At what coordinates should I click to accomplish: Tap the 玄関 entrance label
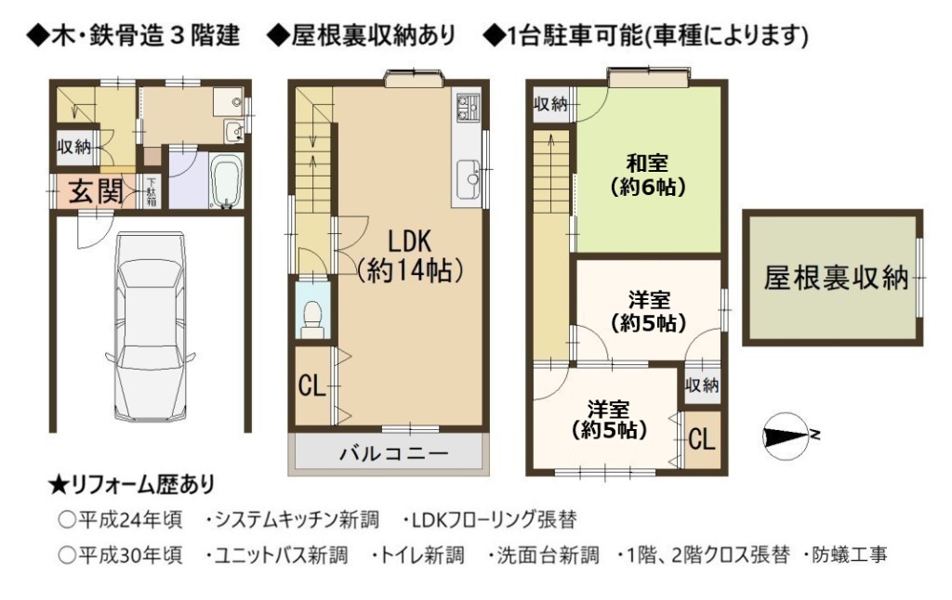[96, 191]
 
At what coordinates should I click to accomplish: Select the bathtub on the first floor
[227, 180]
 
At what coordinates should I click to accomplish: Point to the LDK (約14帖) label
[410, 255]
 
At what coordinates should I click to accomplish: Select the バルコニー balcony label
[393, 453]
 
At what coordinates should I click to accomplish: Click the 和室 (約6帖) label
[648, 175]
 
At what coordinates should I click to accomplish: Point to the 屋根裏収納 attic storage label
[836, 278]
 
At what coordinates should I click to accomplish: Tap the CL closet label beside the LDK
[312, 385]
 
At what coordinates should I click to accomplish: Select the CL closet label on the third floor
[702, 438]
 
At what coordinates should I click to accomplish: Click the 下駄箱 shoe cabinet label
[152, 191]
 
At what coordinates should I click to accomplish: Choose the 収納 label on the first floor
[74, 147]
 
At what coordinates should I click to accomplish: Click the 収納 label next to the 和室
[550, 104]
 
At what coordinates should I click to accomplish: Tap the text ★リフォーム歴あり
[131, 485]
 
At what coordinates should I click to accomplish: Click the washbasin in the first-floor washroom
[233, 131]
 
